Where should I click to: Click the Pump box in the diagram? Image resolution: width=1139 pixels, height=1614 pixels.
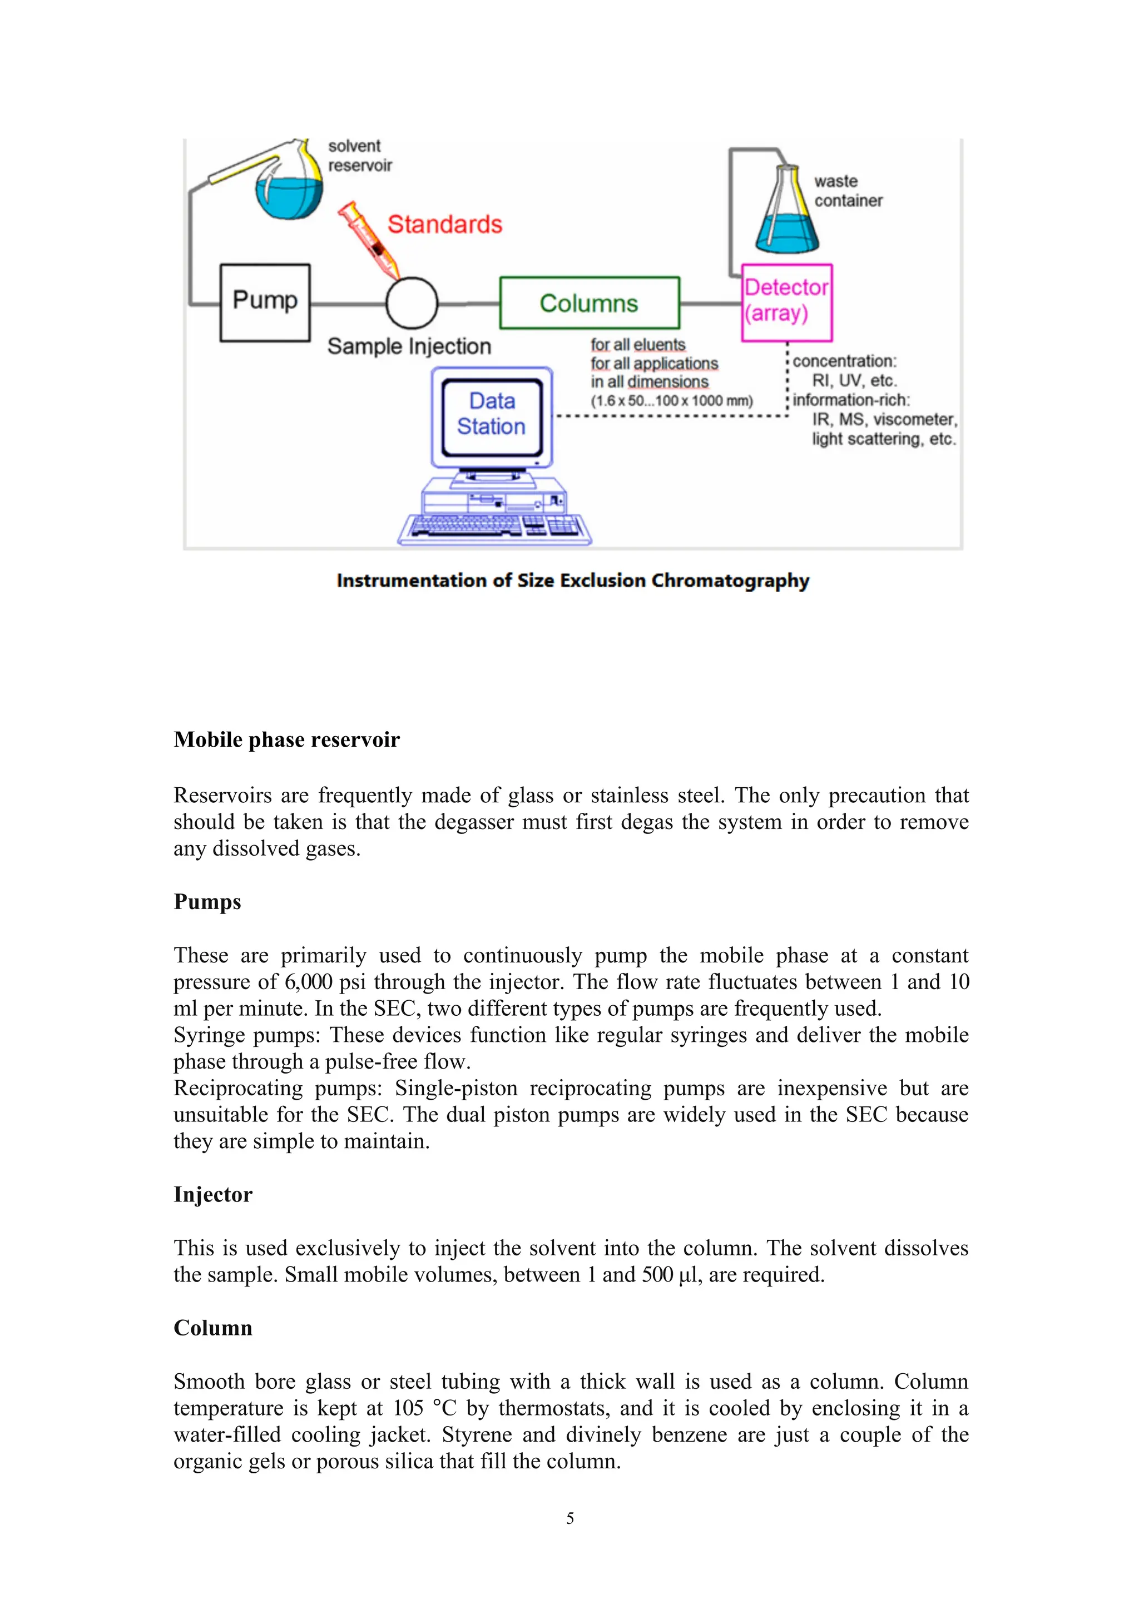pyautogui.click(x=265, y=302)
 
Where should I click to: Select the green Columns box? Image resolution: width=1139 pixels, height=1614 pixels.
pyautogui.click(x=589, y=303)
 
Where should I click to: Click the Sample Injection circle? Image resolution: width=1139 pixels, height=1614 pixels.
pyautogui.click(x=412, y=303)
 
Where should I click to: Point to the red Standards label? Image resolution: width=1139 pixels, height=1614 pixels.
pyautogui.click(x=444, y=224)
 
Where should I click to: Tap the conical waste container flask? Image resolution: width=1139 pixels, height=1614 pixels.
pyautogui.click(x=787, y=218)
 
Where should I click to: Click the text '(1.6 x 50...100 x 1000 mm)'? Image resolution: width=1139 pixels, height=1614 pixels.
pyautogui.click(x=671, y=401)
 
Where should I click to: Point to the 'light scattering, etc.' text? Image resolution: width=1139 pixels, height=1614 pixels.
pyautogui.click(x=884, y=439)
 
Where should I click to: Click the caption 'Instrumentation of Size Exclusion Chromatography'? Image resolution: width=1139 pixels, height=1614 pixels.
pyautogui.click(x=572, y=580)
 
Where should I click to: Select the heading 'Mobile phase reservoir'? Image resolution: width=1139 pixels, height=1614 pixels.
pyautogui.click(x=286, y=739)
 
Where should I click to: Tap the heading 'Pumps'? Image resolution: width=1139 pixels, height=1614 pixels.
pyautogui.click(x=207, y=902)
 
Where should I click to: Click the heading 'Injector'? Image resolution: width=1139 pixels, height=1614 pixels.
pyautogui.click(x=212, y=1194)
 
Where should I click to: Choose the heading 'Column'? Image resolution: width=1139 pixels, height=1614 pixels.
pyautogui.click(x=212, y=1328)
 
